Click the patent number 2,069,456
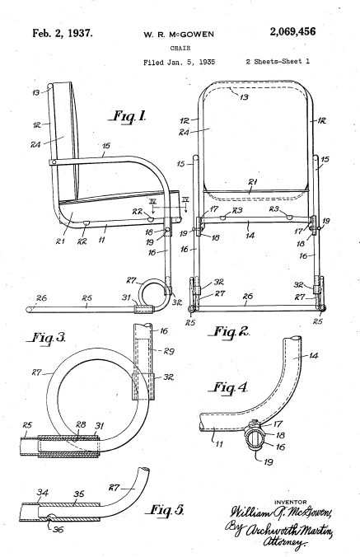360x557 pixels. pyautogui.click(x=292, y=32)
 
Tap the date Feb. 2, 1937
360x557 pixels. pyautogui.click(x=63, y=34)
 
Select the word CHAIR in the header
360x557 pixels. pyautogui.click(x=180, y=48)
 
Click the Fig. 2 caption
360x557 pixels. pyautogui.click(x=231, y=332)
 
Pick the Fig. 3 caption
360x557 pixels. pyautogui.click(x=47, y=338)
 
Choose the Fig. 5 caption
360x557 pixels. pyautogui.click(x=166, y=510)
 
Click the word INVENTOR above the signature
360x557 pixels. pyautogui.click(x=291, y=502)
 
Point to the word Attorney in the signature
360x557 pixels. pyautogui.click(x=284, y=544)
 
